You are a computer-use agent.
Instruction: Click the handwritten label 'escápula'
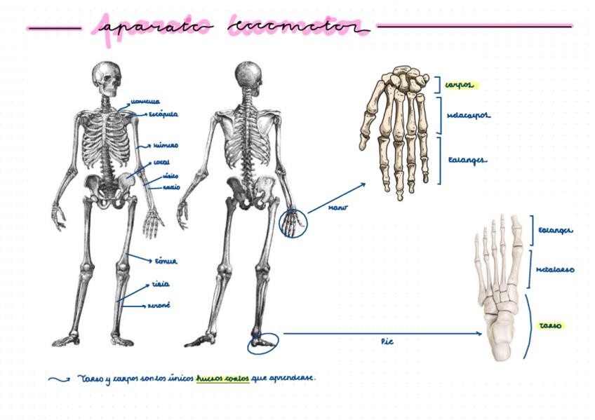click(162, 114)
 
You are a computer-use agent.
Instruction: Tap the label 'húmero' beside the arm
click(166, 146)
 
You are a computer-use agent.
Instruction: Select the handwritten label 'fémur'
click(166, 261)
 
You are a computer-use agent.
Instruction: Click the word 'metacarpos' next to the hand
click(468, 114)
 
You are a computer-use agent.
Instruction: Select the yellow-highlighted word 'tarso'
click(549, 326)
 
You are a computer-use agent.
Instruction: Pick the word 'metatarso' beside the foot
click(555, 269)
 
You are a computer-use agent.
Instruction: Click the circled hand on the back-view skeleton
click(292, 224)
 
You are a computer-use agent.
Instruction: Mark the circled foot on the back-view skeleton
click(263, 343)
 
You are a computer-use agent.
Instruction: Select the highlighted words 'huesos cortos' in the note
click(222, 378)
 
